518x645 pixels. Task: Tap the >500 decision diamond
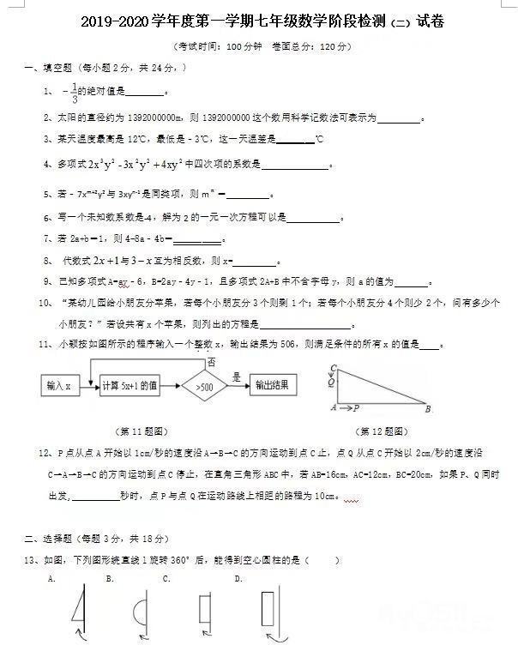coord(204,387)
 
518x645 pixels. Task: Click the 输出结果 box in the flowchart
coord(277,386)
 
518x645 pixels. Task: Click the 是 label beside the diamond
coord(236,377)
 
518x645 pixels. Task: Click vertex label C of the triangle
coord(331,370)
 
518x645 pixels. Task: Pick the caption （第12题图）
coord(382,431)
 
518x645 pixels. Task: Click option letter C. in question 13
coord(167,578)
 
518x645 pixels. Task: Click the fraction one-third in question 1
coord(75,92)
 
